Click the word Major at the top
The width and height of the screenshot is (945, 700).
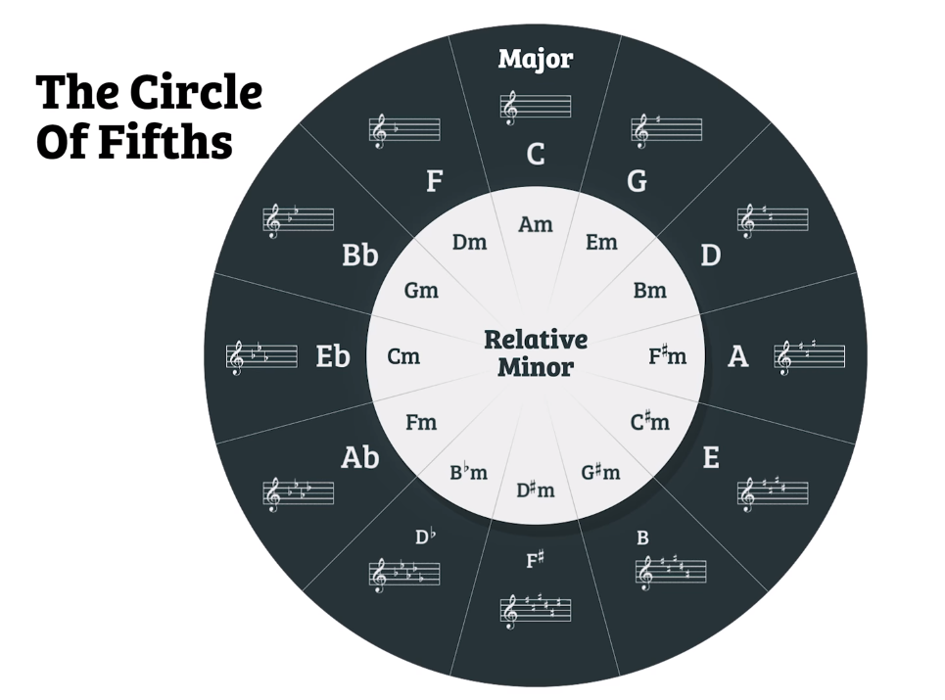pyautogui.click(x=535, y=59)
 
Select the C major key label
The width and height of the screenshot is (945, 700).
pyautogui.click(x=535, y=155)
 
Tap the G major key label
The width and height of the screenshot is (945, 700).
pyautogui.click(x=637, y=181)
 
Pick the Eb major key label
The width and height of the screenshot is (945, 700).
pyautogui.click(x=333, y=356)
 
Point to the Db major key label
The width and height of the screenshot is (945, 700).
pyautogui.click(x=425, y=537)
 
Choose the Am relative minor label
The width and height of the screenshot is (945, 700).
pyautogui.click(x=535, y=224)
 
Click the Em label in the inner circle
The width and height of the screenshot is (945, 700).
pyautogui.click(x=601, y=242)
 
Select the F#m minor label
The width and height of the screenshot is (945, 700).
pyautogui.click(x=668, y=356)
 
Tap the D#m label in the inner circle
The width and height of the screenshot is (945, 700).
pyautogui.click(x=535, y=489)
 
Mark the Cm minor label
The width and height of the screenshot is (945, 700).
pyautogui.click(x=403, y=356)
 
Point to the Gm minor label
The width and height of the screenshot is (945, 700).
pyautogui.click(x=421, y=291)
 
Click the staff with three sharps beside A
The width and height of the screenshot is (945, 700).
pyautogui.click(x=809, y=356)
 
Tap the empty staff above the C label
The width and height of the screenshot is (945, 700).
pyautogui.click(x=535, y=107)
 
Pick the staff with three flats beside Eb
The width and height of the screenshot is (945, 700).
pyautogui.click(x=261, y=356)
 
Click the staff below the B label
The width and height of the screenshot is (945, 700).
pyautogui.click(x=670, y=570)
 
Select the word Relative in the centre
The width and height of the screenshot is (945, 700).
pyautogui.click(x=535, y=340)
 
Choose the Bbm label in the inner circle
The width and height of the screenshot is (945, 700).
pyautogui.click(x=468, y=472)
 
